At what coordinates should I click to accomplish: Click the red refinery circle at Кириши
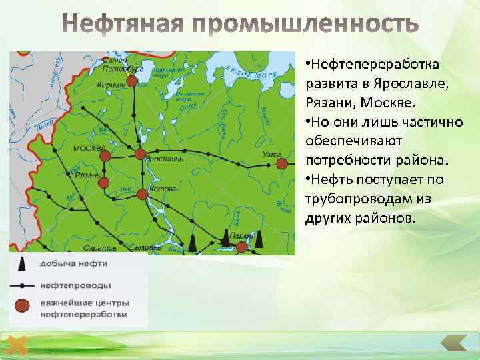pyautogui.click(x=132, y=81)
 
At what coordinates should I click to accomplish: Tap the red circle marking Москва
pyautogui.click(x=105, y=155)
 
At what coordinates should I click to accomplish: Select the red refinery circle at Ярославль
pyautogui.click(x=140, y=154)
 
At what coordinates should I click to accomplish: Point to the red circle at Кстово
pyautogui.click(x=142, y=194)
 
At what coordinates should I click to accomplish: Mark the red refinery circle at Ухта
pyautogui.click(x=282, y=163)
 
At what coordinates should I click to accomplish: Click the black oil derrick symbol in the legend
pyautogui.click(x=22, y=264)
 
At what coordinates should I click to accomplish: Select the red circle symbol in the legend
pyautogui.click(x=23, y=307)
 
